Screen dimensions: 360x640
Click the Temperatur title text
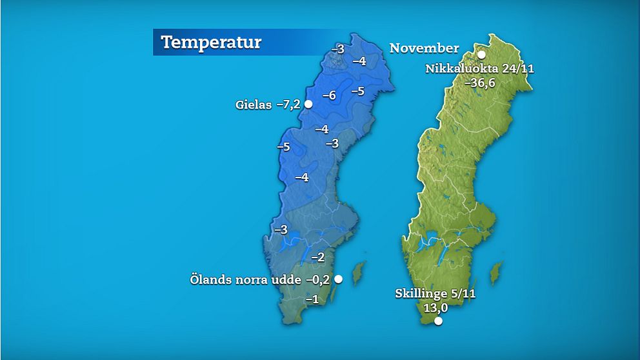coord(211,43)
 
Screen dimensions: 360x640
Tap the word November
coord(424,48)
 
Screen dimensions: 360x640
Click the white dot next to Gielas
coord(308,104)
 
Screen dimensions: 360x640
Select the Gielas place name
coord(254,105)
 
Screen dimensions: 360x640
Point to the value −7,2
coord(288,105)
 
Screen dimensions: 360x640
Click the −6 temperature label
coord(329,95)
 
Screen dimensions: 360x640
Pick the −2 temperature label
coord(317,257)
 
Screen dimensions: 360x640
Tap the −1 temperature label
coord(312,299)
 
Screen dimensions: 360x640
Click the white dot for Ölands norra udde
coord(337,279)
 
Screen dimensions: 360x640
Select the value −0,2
coord(317,279)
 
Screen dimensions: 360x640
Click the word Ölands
coord(209,279)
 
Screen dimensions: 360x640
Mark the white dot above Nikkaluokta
coord(481,55)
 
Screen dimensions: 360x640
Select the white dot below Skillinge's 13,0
coord(439,321)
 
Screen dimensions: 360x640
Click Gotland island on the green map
coord(495,273)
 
